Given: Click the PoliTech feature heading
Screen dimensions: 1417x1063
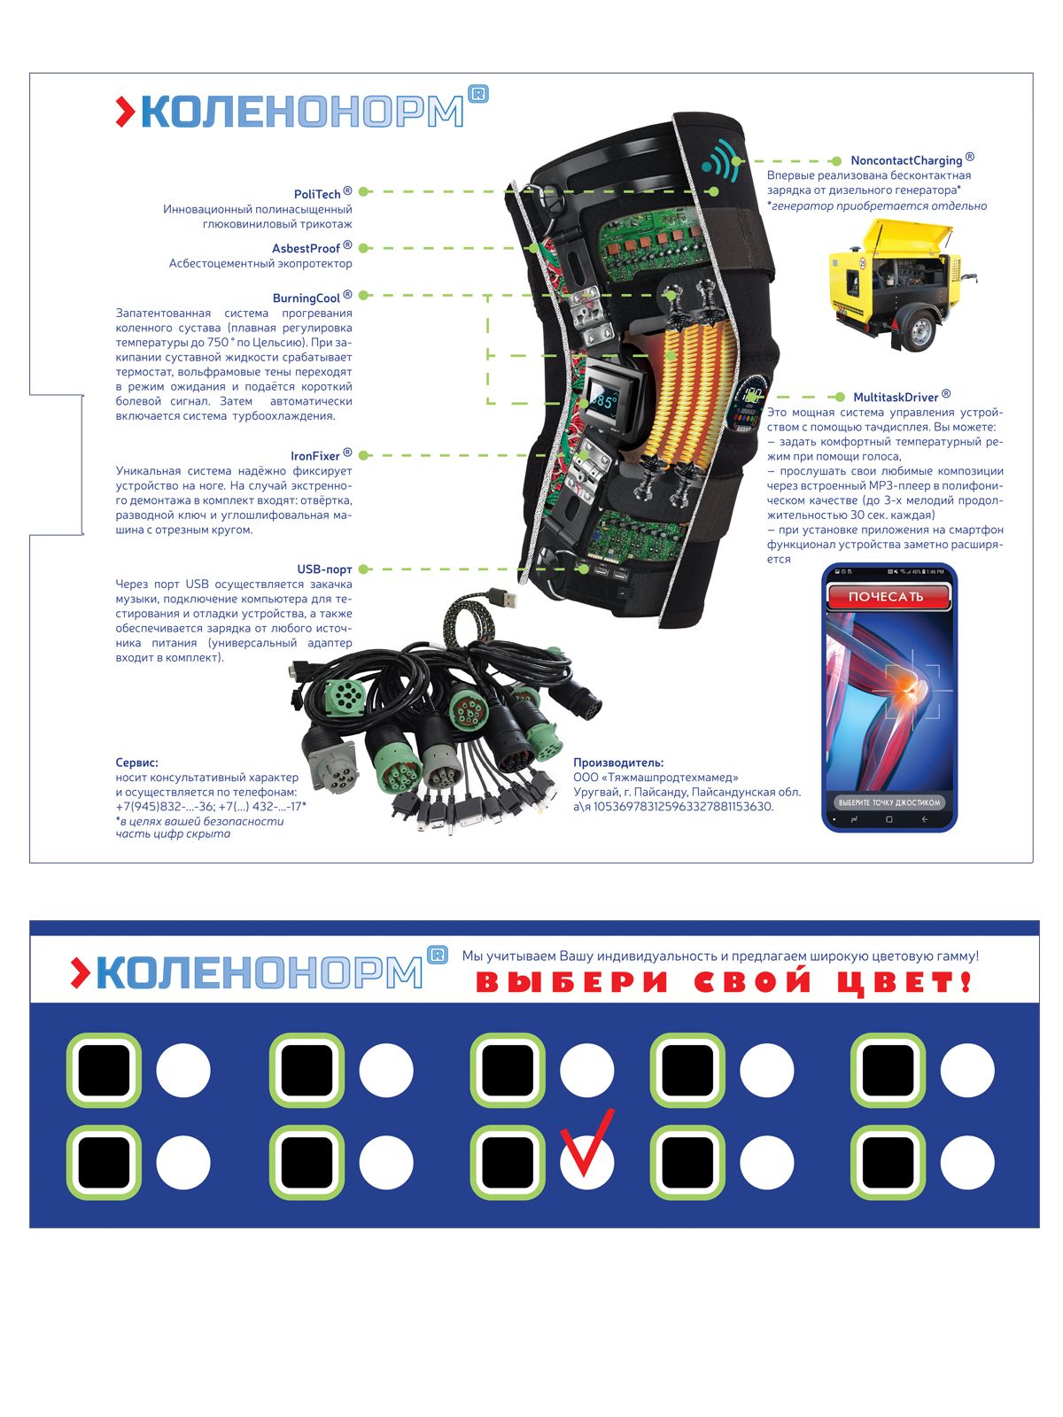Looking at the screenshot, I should (x=317, y=194).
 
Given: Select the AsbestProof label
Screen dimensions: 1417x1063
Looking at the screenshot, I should (x=306, y=249).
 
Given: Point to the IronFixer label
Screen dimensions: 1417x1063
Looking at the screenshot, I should (x=314, y=457).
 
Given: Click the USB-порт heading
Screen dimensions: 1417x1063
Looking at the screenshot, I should (x=324, y=569).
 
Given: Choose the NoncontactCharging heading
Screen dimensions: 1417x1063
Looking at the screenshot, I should (x=905, y=161).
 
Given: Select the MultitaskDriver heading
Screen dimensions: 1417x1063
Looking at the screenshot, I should (x=895, y=398).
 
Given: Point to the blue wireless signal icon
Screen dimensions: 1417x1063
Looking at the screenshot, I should (x=719, y=161).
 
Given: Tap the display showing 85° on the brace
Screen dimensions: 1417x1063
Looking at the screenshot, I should (x=607, y=401).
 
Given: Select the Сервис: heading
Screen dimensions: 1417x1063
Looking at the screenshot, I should (x=137, y=763).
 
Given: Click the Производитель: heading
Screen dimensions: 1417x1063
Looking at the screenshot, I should (x=618, y=763).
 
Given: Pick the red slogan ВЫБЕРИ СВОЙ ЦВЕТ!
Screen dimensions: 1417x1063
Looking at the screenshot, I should (x=723, y=982).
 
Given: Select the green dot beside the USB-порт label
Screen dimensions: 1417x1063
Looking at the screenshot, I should (x=363, y=569).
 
